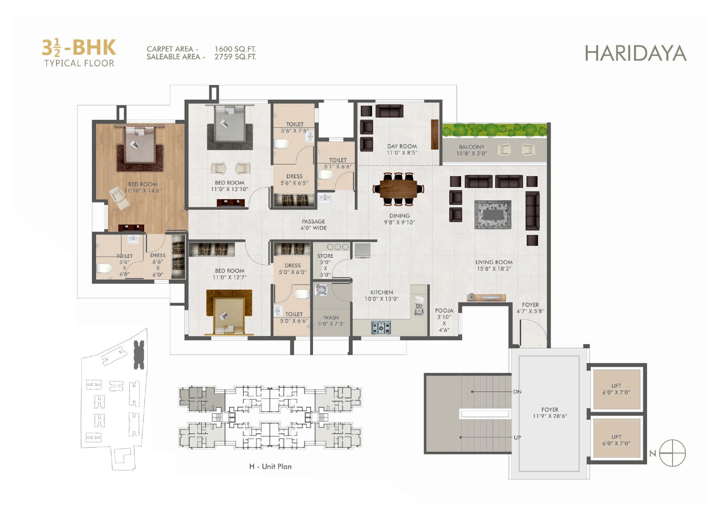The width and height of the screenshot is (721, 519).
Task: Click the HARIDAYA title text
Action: click(636, 53)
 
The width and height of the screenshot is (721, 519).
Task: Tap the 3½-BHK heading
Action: click(79, 48)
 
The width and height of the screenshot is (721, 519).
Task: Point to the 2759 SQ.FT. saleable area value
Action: click(235, 57)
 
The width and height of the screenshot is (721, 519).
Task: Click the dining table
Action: click(398, 189)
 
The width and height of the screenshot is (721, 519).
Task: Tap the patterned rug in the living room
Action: click(493, 215)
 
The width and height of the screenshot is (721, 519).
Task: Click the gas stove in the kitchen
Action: click(381, 328)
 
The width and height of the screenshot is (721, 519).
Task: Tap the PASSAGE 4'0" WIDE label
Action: click(313, 225)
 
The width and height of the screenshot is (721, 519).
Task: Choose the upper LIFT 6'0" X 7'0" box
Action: click(616, 389)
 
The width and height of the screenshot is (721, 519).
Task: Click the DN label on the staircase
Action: click(517, 392)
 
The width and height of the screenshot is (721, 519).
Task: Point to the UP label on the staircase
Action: click(517, 437)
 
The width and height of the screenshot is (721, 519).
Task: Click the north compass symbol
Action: click(672, 453)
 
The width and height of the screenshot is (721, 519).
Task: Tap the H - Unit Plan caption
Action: click(270, 466)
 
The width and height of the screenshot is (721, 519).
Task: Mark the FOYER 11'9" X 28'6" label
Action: click(550, 413)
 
